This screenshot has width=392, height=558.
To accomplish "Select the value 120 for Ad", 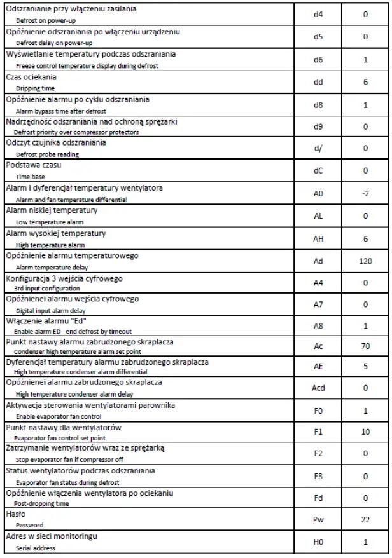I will [x=365, y=261].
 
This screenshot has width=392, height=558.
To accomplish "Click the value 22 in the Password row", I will [x=365, y=519].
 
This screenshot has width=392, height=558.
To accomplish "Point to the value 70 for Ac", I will [x=365, y=347].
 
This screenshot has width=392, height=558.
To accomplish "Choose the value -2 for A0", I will [x=365, y=193].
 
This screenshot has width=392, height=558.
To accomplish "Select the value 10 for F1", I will [x=365, y=432].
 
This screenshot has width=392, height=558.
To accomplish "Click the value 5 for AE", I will [x=365, y=366].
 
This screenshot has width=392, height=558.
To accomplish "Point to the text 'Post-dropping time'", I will [x=44, y=503].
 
